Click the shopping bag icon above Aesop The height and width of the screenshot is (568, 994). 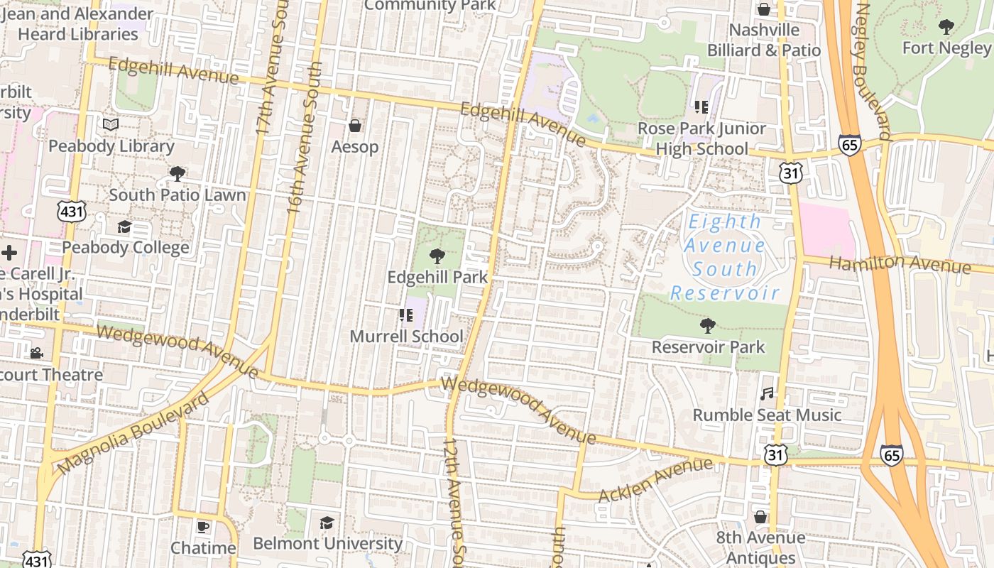tap(355, 126)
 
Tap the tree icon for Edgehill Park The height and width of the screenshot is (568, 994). tap(437, 256)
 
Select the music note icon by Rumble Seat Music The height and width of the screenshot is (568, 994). tap(767, 393)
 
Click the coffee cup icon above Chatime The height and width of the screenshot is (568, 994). tap(203, 527)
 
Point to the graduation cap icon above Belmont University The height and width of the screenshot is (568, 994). tap(327, 523)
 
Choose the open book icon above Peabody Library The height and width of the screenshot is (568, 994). tap(111, 125)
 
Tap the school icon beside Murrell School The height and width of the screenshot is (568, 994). tap(406, 315)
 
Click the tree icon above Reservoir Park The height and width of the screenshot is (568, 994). tap(707, 326)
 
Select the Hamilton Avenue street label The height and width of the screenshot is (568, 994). tap(900, 264)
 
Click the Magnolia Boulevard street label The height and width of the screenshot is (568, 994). tap(133, 432)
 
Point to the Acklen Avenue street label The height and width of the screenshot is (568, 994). tap(655, 481)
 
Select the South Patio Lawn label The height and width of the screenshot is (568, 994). tap(177, 195)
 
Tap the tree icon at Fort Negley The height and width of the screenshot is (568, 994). tap(946, 27)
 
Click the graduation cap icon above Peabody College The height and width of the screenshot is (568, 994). tap(125, 226)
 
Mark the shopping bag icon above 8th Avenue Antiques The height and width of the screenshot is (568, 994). tap(760, 517)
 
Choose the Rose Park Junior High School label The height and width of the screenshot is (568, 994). tap(701, 138)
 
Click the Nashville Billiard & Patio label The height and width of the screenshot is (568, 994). tap(764, 40)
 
